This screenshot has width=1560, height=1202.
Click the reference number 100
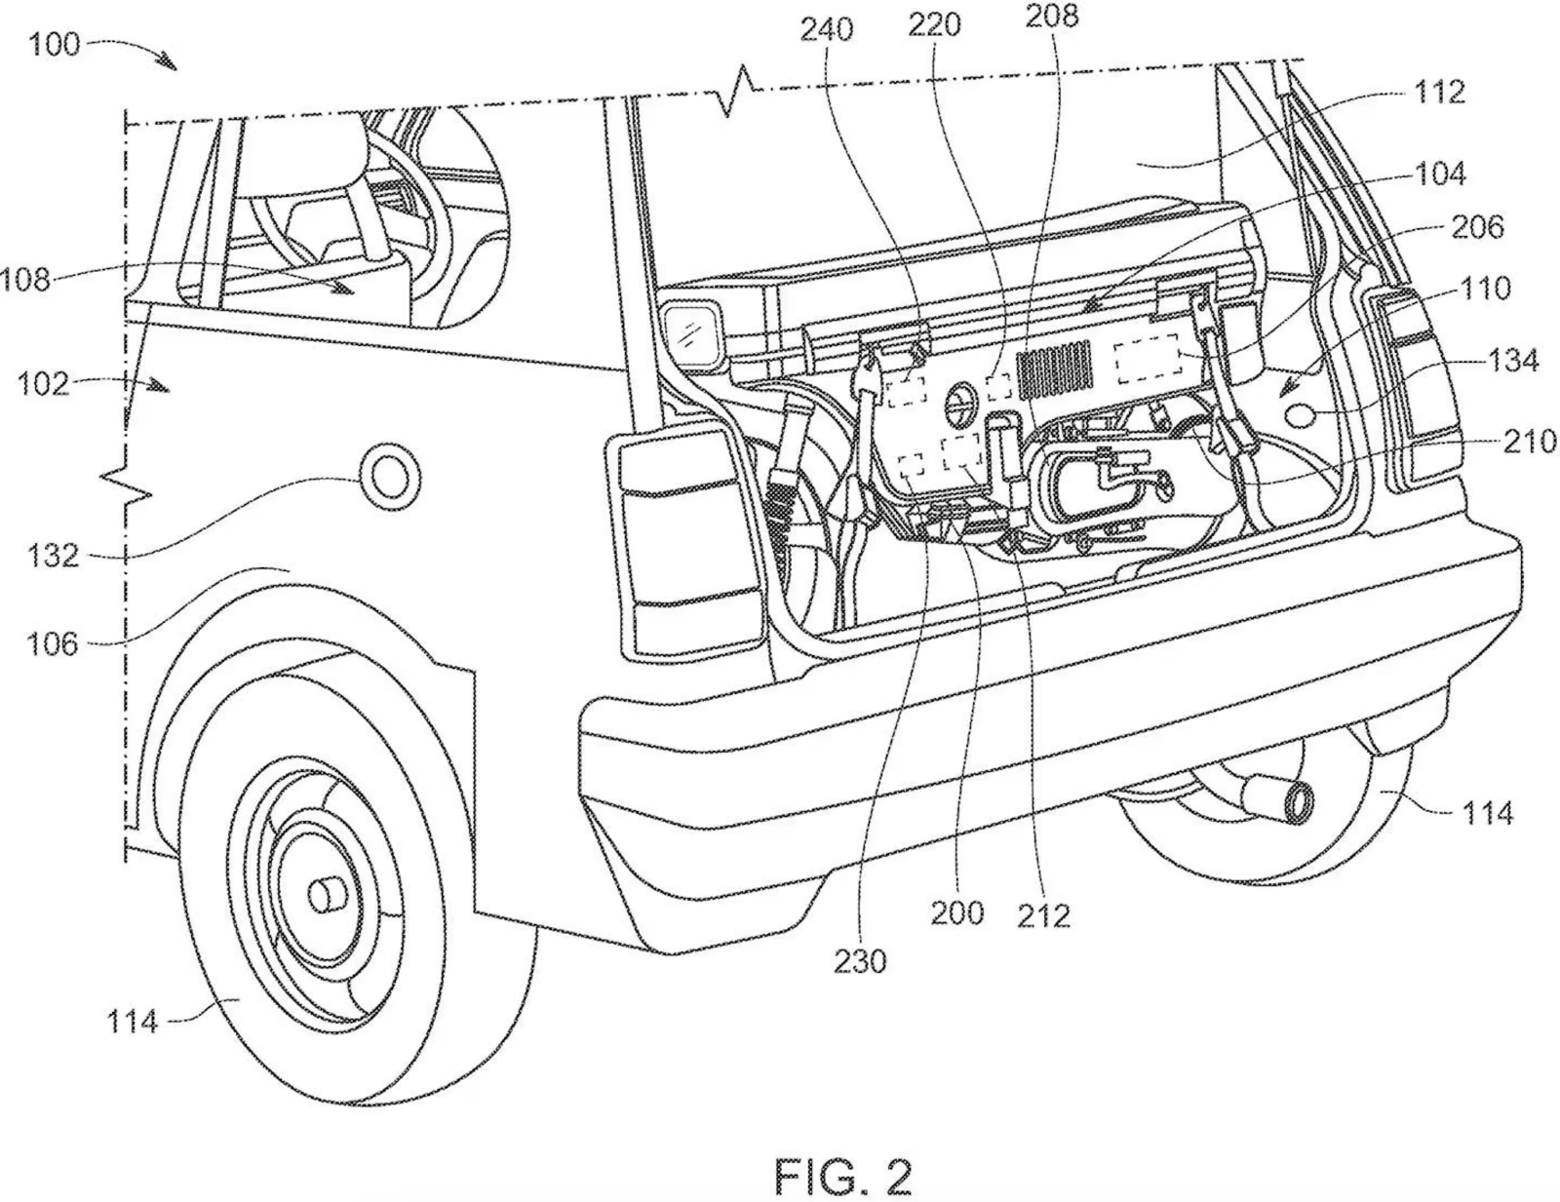click(x=55, y=45)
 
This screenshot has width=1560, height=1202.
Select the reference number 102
click(x=45, y=383)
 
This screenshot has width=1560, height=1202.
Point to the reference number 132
click(x=54, y=556)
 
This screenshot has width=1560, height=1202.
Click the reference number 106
click(x=53, y=643)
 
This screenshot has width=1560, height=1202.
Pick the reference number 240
click(x=827, y=30)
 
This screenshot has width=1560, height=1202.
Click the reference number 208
click(x=1052, y=16)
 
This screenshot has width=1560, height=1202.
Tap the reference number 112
click(x=1439, y=92)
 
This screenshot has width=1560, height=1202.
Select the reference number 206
click(x=1476, y=227)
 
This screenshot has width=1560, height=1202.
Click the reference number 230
click(x=860, y=961)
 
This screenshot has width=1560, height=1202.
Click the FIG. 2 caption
click(x=843, y=1151)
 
